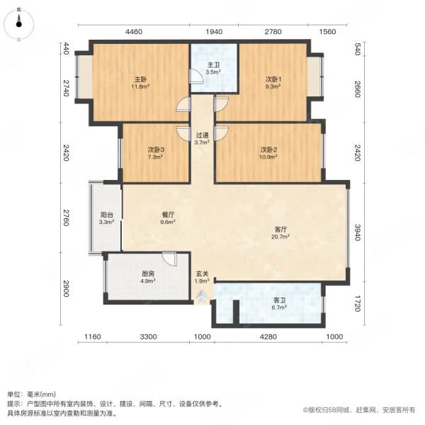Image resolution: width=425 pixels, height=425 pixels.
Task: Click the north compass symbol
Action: (x=18, y=24)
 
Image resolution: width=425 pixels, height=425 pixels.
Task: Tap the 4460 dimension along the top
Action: (x=134, y=32)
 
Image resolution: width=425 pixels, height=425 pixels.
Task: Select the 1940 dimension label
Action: (x=214, y=32)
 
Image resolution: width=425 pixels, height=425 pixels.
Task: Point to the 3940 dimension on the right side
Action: (x=358, y=232)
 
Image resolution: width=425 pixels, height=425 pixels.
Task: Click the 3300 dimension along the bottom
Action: (x=148, y=336)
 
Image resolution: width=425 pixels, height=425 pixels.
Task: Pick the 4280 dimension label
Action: (x=268, y=336)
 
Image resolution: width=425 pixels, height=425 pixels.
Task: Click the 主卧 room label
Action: (x=141, y=79)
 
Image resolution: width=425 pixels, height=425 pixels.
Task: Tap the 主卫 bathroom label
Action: (x=213, y=65)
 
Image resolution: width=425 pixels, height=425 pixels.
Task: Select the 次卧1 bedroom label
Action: (x=273, y=79)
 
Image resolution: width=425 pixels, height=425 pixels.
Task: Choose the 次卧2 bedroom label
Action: (x=268, y=149)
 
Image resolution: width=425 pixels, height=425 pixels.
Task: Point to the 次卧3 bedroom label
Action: (x=156, y=149)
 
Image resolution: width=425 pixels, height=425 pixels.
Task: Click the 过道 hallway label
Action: (x=202, y=135)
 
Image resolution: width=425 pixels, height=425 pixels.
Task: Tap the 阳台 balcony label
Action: (x=106, y=215)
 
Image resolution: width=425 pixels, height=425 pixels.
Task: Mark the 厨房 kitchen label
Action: (x=148, y=273)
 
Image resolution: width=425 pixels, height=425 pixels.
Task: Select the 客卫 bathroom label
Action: (x=280, y=300)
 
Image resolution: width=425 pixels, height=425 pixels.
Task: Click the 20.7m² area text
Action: (x=280, y=237)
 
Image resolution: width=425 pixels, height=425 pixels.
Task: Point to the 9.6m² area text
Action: (x=169, y=222)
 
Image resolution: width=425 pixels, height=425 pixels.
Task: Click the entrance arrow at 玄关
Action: (x=202, y=297)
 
